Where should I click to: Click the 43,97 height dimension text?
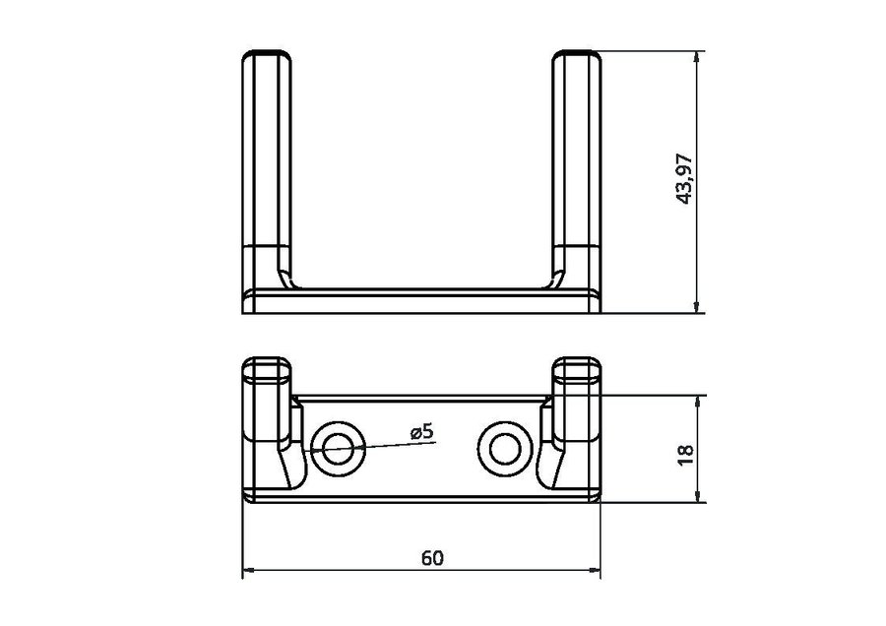point(685,178)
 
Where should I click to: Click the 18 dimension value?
point(685,455)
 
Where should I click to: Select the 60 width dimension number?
point(432,558)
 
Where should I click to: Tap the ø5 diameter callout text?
point(421,432)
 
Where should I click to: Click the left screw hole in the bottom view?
point(338,449)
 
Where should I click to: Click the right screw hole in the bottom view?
point(505,449)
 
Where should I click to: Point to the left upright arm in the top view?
point(267,169)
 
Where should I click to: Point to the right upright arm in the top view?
point(576,169)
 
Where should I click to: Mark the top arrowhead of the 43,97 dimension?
point(698,56)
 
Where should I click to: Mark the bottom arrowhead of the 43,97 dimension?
point(698,307)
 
